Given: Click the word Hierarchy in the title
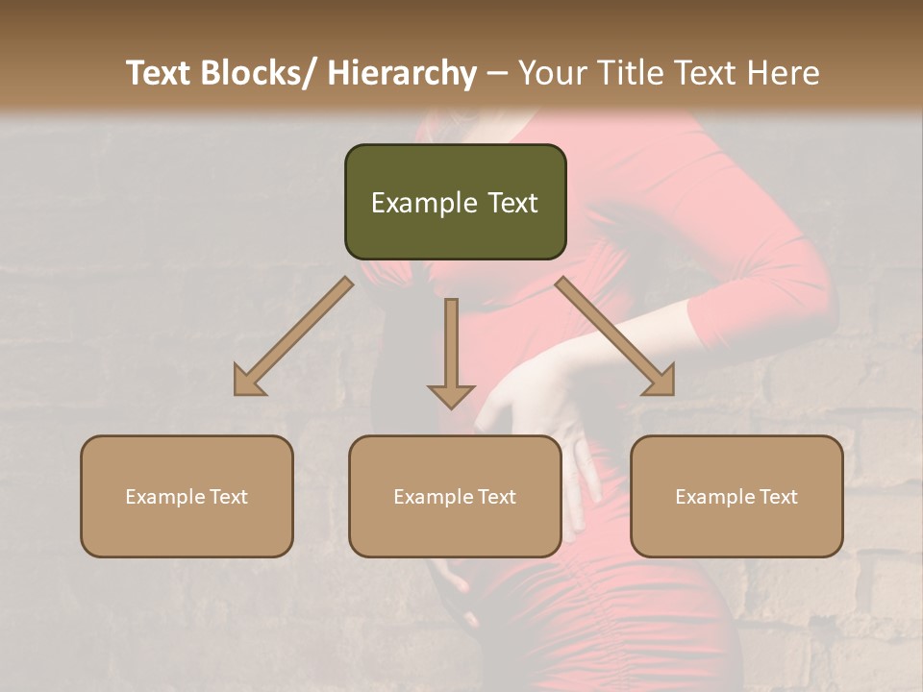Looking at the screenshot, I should click(x=402, y=73).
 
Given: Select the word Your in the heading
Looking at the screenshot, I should click(x=553, y=73).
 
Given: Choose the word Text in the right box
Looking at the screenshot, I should click(x=778, y=497).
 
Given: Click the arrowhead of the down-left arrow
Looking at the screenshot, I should click(x=249, y=382).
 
